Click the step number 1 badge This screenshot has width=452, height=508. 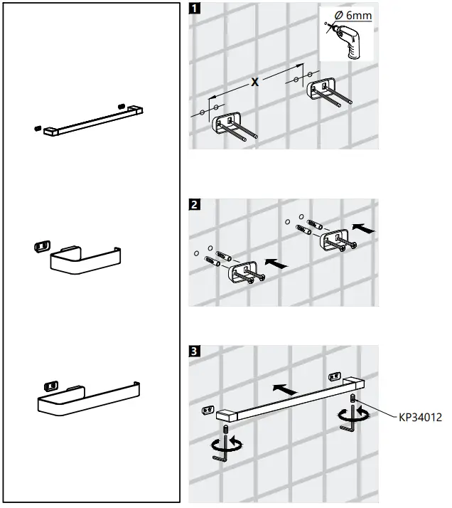pos(195,9)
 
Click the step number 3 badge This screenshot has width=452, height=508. pos(195,351)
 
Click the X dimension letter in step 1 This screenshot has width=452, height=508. pos(254,83)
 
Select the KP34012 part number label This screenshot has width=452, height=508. pos(420,418)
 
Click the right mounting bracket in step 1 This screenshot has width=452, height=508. pos(321,88)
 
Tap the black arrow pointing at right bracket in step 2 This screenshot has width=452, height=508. pos(363,229)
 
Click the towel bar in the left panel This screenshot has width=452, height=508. pos(90,119)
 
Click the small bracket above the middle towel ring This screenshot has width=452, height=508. pos(41,245)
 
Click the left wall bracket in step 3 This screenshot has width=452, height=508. pos(208,409)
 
